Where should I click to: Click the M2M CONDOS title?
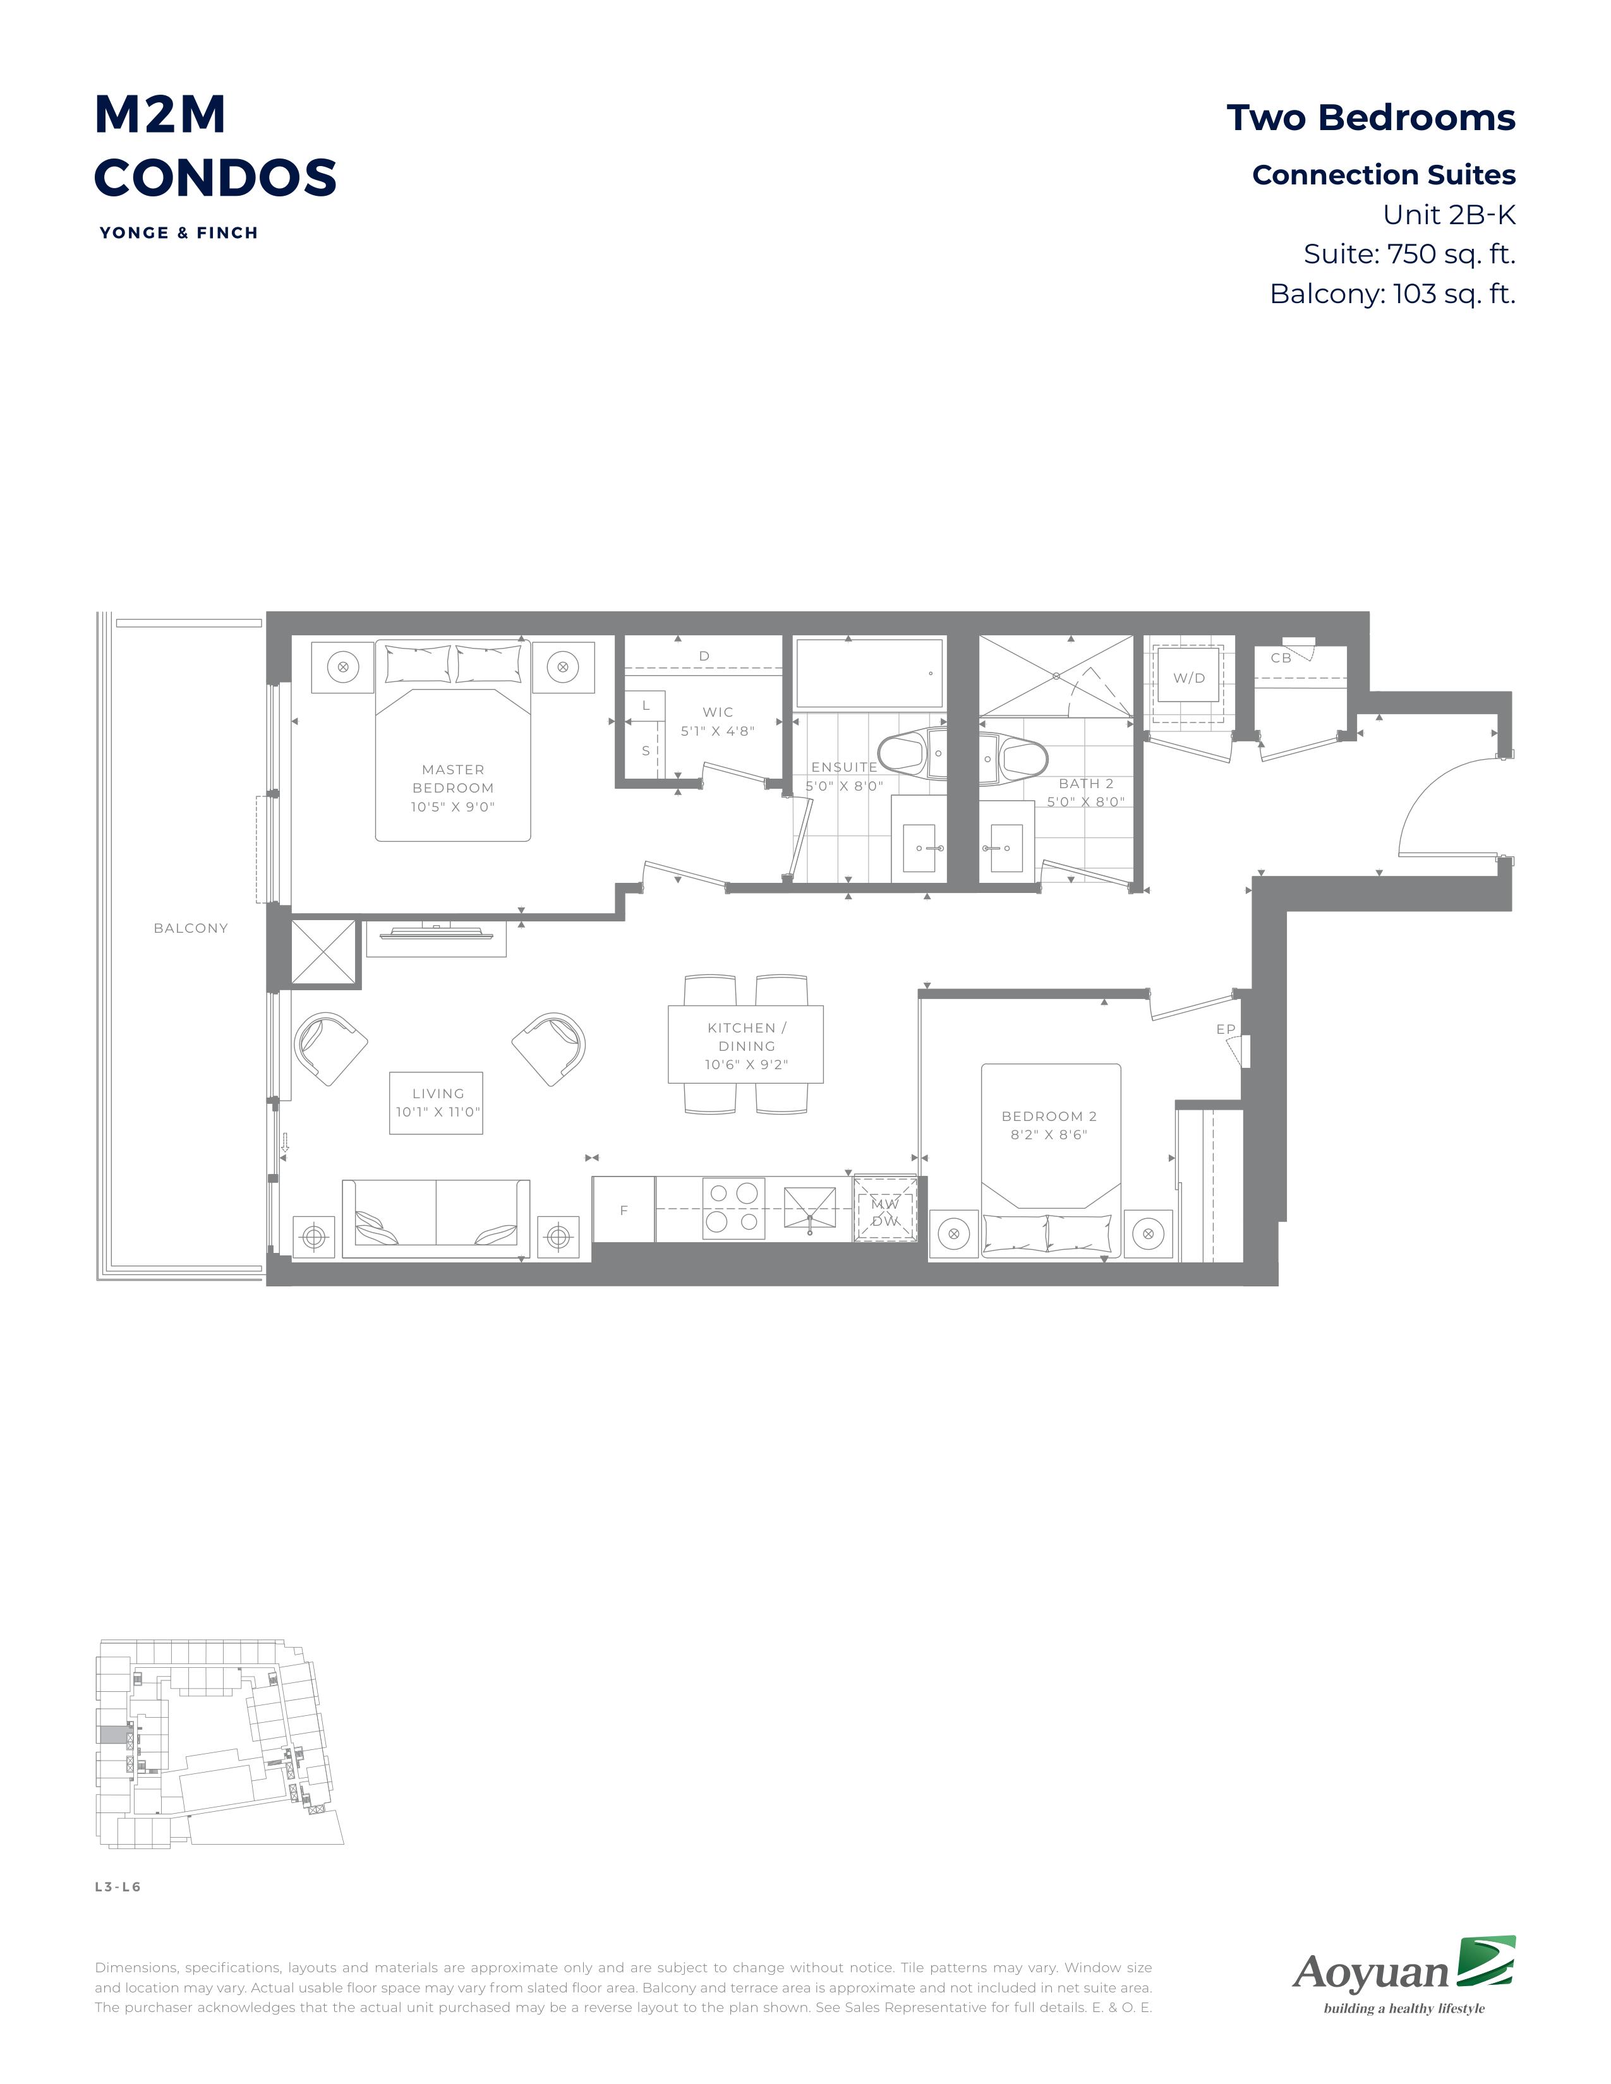[x=215, y=145]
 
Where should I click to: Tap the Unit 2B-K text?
[x=1449, y=215]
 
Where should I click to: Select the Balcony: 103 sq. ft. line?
[x=1392, y=294]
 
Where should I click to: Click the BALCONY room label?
[x=191, y=928]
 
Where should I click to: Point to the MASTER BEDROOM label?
[x=454, y=779]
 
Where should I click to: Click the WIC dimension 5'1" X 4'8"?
[x=718, y=731]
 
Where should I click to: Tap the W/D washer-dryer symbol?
[x=1188, y=678]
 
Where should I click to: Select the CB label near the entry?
[x=1281, y=657]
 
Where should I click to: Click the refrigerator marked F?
[x=623, y=1209]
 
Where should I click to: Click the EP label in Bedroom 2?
[x=1226, y=1029]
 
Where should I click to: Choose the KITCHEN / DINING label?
[x=746, y=1036]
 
